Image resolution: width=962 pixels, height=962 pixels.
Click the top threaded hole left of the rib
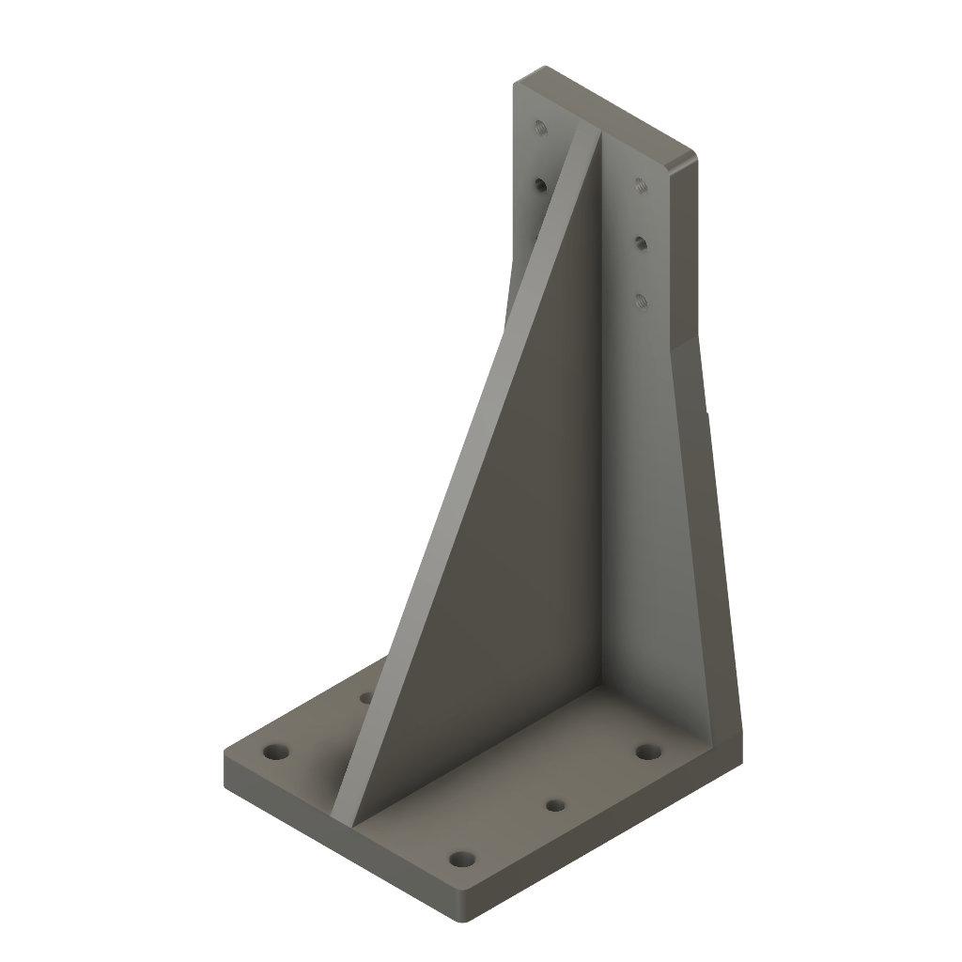tap(539, 127)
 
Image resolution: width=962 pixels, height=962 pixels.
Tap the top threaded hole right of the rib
tap(639, 184)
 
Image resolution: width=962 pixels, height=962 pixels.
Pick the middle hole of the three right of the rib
tap(640, 243)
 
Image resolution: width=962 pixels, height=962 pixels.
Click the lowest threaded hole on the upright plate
tap(641, 301)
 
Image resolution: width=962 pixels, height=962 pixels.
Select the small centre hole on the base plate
tap(555, 805)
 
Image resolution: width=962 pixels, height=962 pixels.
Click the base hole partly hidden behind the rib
tap(366, 698)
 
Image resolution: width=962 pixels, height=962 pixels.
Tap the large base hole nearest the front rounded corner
tap(460, 859)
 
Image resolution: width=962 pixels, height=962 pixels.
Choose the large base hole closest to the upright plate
tap(646, 752)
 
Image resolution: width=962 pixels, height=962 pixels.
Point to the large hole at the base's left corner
tap(274, 753)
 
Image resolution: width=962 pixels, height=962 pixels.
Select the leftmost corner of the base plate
tap(225, 756)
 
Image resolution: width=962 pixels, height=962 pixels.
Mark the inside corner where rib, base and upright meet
tap(600, 690)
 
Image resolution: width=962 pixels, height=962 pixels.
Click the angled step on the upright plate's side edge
tap(685, 343)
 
